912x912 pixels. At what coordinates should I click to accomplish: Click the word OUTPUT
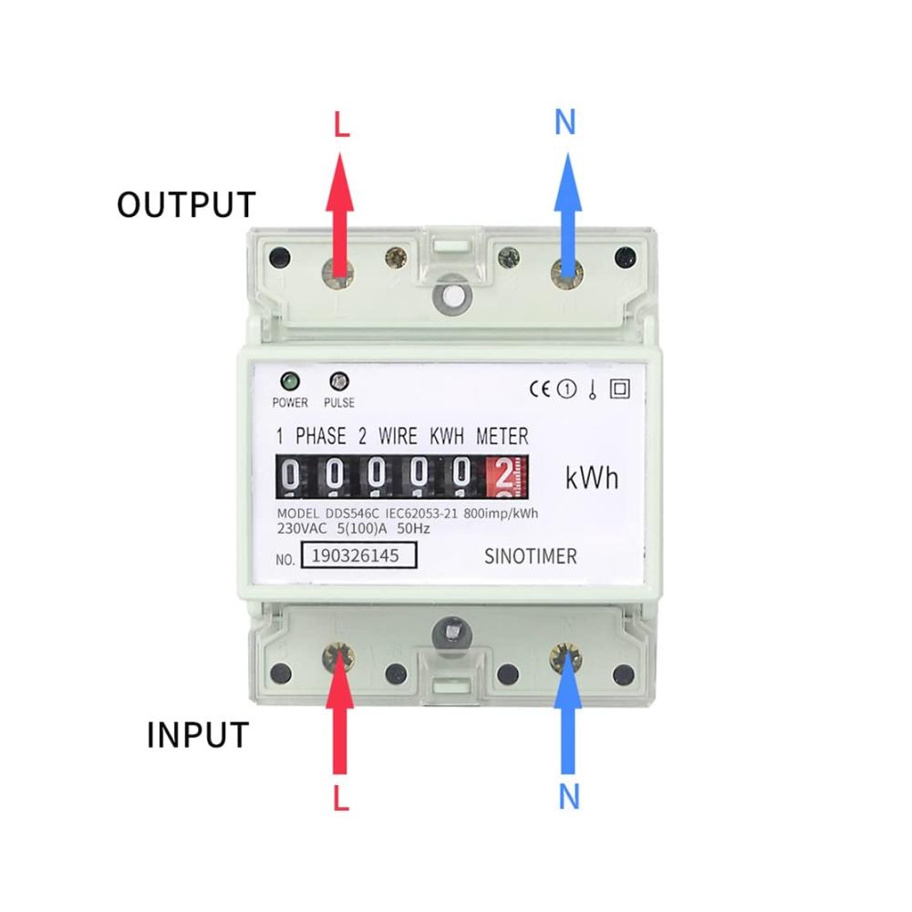click(186, 204)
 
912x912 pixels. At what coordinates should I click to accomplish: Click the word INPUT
click(198, 734)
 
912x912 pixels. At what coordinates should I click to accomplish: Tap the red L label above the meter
click(342, 124)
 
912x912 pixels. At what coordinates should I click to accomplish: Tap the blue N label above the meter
click(565, 122)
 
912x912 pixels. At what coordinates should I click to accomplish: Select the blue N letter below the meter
click(569, 797)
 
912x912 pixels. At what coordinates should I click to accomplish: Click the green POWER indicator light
click(290, 381)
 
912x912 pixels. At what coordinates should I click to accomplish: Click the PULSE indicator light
click(339, 381)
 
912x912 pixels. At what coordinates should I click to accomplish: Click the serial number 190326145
click(356, 555)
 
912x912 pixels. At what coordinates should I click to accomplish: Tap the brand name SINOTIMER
click(531, 556)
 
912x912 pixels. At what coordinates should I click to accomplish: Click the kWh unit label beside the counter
click(592, 478)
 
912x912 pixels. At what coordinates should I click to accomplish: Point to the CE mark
click(539, 389)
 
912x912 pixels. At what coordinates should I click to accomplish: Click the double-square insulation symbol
click(620, 389)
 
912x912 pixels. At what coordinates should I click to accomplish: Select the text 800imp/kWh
click(501, 513)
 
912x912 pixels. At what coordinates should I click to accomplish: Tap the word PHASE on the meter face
click(320, 436)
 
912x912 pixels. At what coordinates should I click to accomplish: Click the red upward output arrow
click(339, 214)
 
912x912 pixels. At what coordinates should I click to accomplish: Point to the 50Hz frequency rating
click(413, 529)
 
